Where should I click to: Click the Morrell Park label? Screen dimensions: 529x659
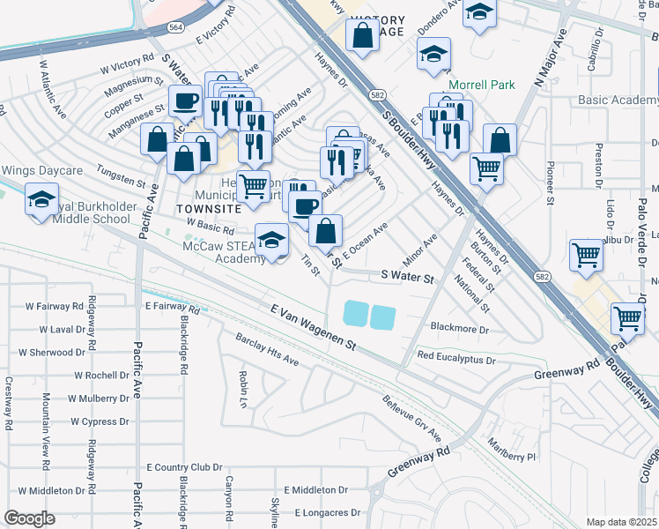click(x=481, y=86)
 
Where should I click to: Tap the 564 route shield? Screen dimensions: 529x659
click(x=177, y=27)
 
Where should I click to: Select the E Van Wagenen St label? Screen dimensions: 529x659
click(x=313, y=326)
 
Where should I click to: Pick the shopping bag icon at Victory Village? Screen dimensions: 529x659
click(x=362, y=36)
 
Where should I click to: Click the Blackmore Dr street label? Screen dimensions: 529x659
click(x=459, y=328)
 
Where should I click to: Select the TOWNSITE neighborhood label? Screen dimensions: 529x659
click(x=208, y=208)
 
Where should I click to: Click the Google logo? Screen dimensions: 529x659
click(x=29, y=518)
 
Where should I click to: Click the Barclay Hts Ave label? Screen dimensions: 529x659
click(x=267, y=350)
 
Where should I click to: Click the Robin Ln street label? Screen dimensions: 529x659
click(x=241, y=383)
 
